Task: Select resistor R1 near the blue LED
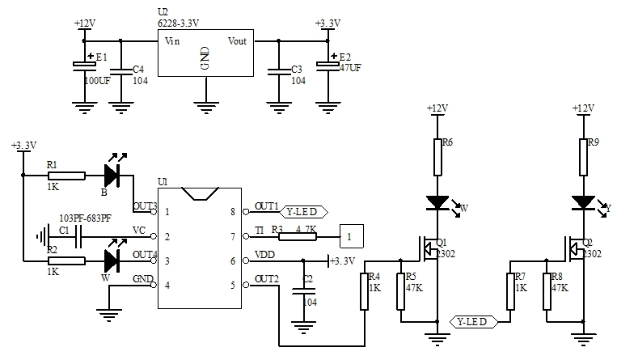click(66, 174)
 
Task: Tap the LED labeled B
click(112, 174)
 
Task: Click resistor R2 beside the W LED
click(66, 260)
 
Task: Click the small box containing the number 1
click(350, 236)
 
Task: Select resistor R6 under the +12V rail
click(437, 157)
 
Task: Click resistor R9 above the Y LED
click(582, 157)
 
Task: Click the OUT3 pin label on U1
click(144, 205)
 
